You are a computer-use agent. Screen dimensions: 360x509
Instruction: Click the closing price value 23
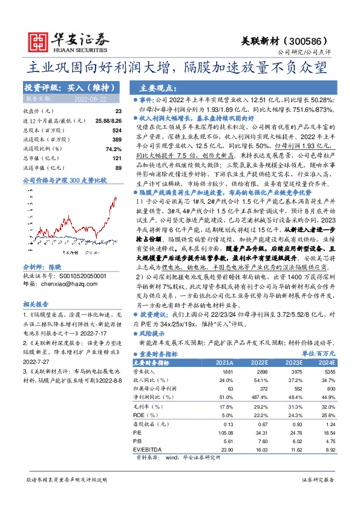click(x=118, y=111)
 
